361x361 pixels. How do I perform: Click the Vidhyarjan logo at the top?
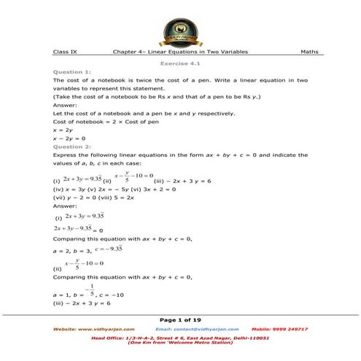click(x=180, y=29)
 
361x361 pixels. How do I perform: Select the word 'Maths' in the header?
click(x=309, y=53)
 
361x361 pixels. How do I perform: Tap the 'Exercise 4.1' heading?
click(x=181, y=63)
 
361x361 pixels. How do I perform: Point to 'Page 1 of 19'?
click(x=180, y=319)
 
